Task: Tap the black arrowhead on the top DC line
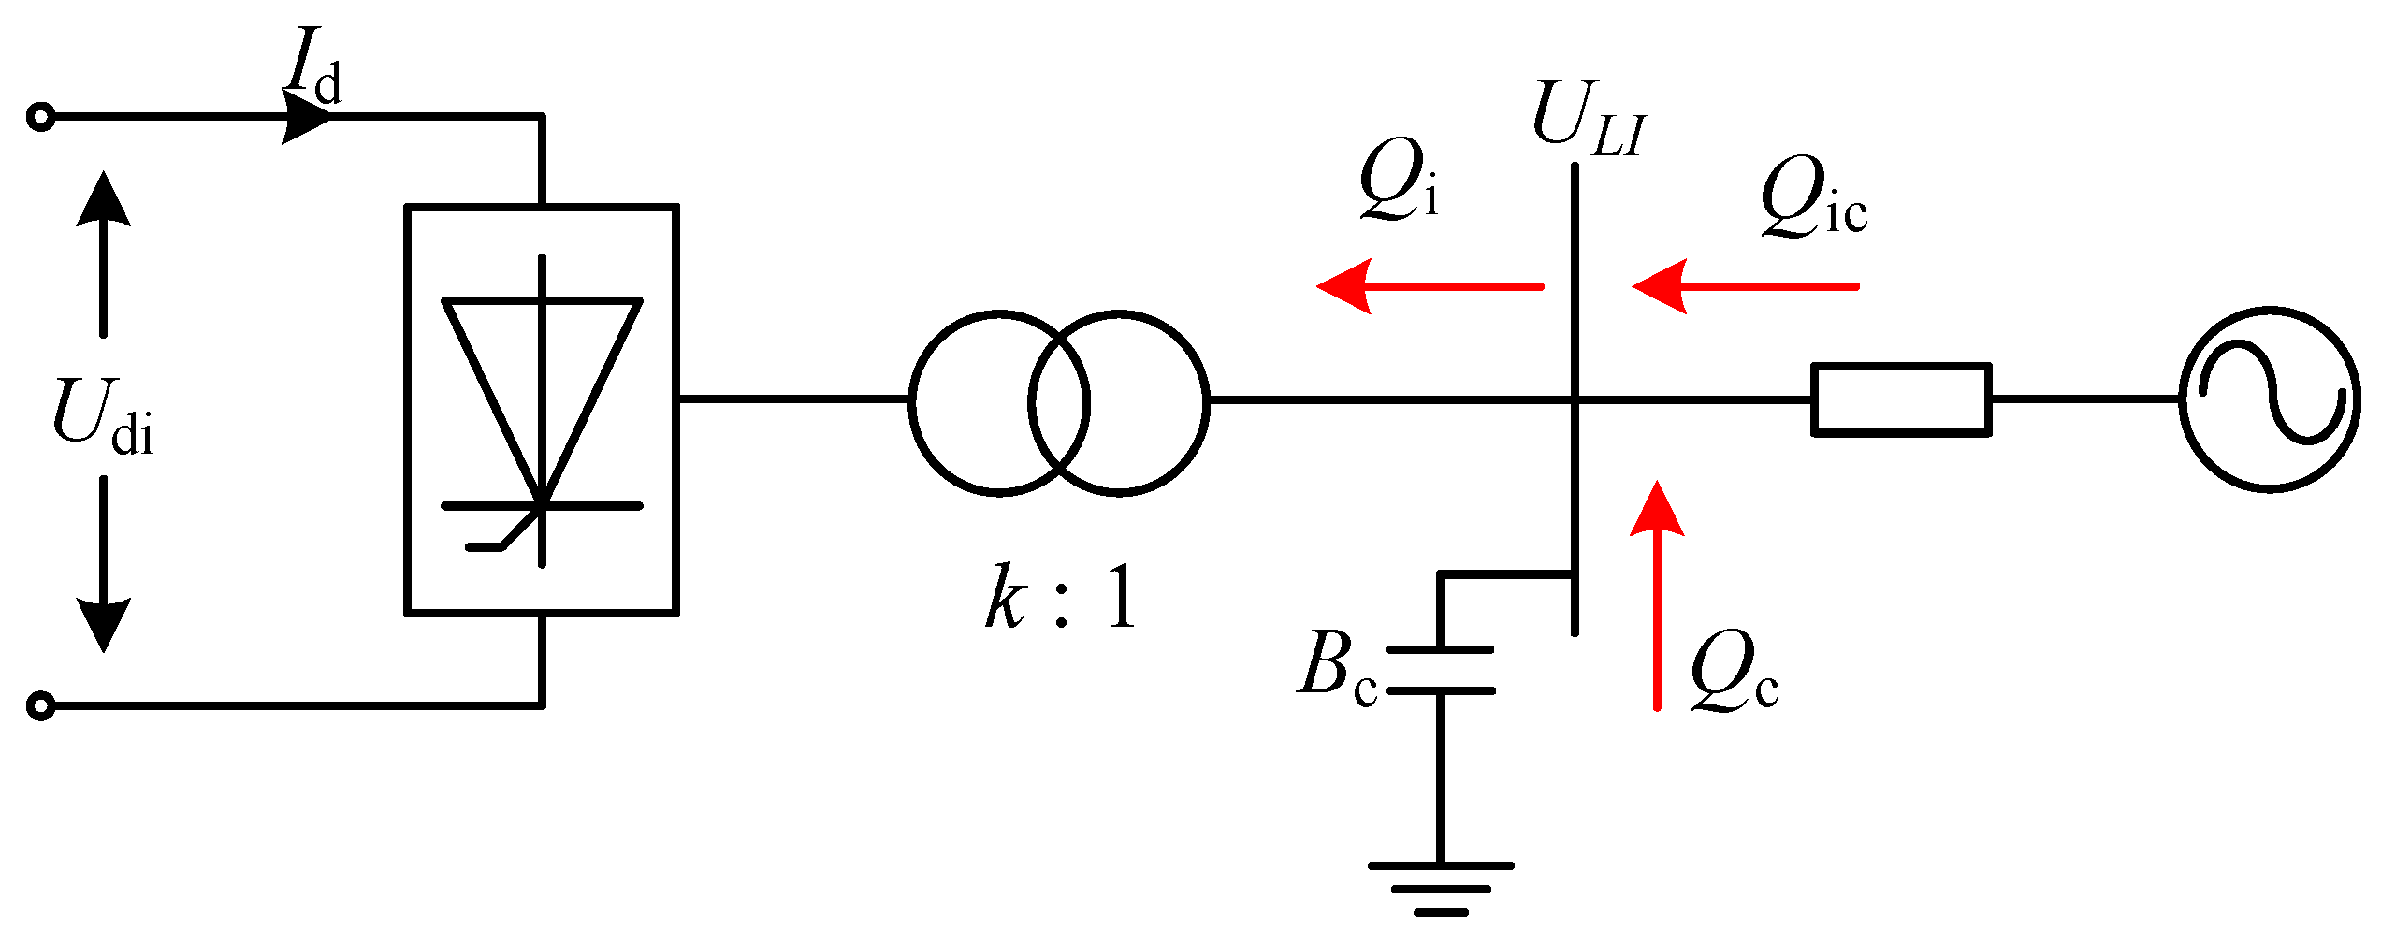pyautogui.click(x=306, y=118)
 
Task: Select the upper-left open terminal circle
pyautogui.click(x=40, y=118)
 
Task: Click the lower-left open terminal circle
pyautogui.click(x=40, y=705)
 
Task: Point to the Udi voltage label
pyautogui.click(x=102, y=417)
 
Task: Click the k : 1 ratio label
pyautogui.click(x=1061, y=599)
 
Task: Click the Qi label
pyautogui.click(x=1398, y=180)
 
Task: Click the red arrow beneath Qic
pyautogui.click(x=1745, y=286)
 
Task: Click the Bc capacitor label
pyautogui.click(x=1337, y=666)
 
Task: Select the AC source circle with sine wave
pyautogui.click(x=2270, y=399)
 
